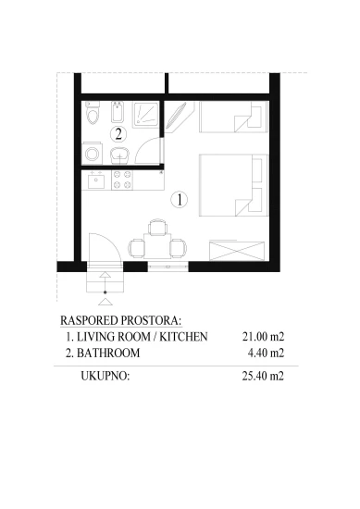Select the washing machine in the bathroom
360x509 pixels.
93,153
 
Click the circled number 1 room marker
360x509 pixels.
181,198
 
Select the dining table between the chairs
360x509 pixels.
157,247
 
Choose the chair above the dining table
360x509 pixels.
157,228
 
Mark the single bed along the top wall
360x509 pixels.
230,120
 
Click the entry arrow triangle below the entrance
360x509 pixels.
106,300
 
